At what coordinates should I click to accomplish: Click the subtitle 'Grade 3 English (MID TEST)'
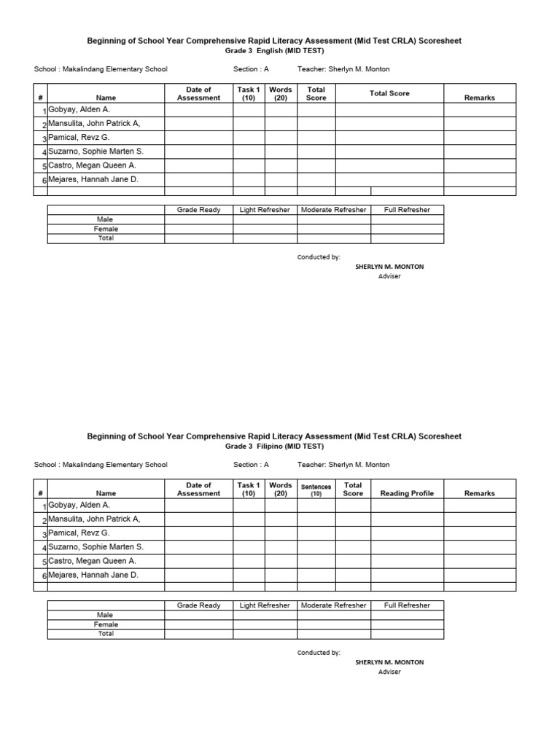click(274, 51)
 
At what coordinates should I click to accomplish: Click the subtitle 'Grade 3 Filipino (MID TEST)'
click(274, 447)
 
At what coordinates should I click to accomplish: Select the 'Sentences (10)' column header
click(316, 489)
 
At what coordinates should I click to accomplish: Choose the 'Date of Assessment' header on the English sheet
click(198, 93)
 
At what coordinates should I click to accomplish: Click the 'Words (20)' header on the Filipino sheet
click(281, 489)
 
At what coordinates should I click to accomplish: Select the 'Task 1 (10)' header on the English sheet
click(249, 93)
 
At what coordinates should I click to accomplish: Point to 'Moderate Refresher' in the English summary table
click(334, 210)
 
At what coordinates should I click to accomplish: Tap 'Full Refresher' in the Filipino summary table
click(407, 605)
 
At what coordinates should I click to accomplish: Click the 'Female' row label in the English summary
click(106, 229)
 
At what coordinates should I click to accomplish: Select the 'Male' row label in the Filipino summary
click(106, 615)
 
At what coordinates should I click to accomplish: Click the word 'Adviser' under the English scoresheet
click(389, 276)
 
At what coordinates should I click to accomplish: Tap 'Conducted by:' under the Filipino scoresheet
click(319, 653)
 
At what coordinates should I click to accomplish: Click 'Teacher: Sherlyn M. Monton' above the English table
click(343, 69)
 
